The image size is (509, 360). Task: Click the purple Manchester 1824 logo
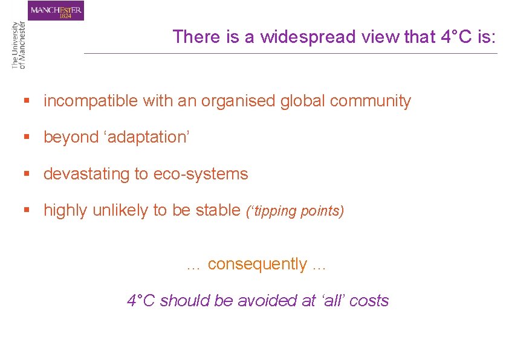tap(56, 10)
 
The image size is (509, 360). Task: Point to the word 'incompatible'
tap(91, 101)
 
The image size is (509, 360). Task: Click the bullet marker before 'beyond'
tap(26, 138)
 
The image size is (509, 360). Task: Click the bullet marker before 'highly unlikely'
tap(26, 211)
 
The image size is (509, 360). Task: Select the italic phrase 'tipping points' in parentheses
tap(294, 211)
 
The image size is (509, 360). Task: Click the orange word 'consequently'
tap(257, 264)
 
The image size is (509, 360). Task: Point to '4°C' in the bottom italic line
tap(141, 300)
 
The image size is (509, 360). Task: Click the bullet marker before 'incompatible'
tap(26, 101)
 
